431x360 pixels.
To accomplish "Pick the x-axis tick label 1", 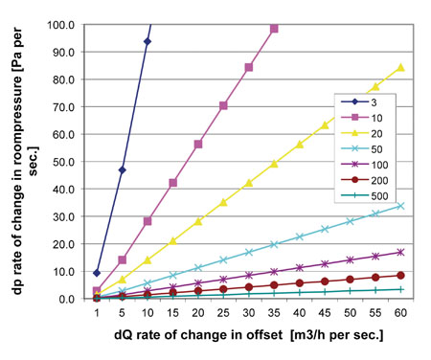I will pos(97,314).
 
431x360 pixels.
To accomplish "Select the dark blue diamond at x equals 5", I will pos(123,169).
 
